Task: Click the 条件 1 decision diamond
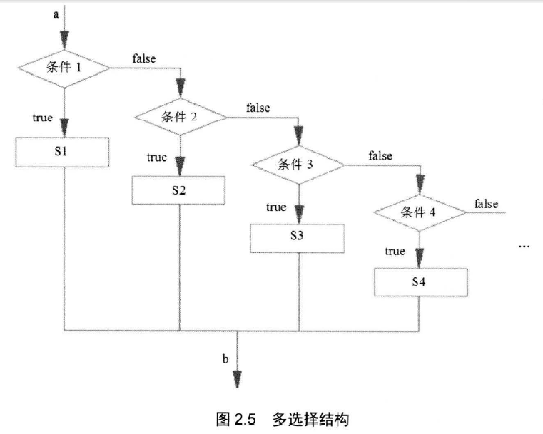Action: click(64, 68)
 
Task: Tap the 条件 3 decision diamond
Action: click(298, 164)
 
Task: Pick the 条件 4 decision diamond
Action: click(420, 212)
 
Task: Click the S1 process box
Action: click(63, 152)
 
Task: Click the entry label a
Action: click(56, 14)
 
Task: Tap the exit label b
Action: click(225, 358)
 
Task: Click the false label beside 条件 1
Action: click(143, 58)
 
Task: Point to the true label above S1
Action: click(42, 118)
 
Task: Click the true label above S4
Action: click(395, 251)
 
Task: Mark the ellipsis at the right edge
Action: click(524, 245)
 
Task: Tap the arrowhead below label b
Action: click(235, 378)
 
